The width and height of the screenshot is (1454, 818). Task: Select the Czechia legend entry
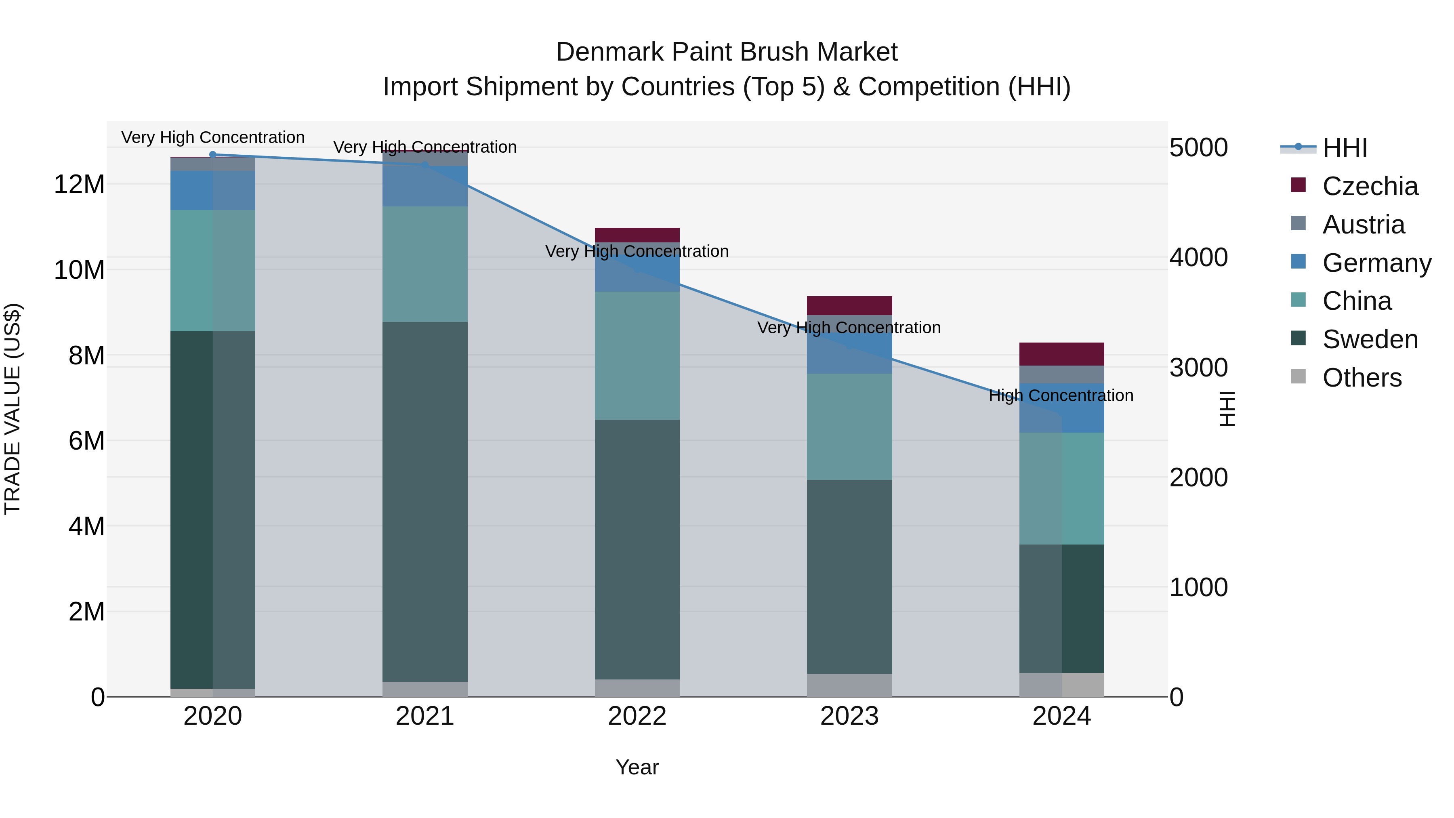coord(1369,186)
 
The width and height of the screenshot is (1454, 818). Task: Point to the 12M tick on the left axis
coord(79,185)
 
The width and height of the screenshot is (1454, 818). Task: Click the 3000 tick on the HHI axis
coord(1198,368)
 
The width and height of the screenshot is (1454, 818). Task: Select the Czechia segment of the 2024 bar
coord(1061,354)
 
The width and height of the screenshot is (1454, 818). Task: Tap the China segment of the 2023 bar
coord(849,427)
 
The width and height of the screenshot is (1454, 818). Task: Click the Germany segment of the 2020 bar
coord(213,190)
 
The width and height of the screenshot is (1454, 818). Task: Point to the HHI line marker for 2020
coord(213,154)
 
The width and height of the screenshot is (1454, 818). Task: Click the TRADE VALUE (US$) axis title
coord(13,409)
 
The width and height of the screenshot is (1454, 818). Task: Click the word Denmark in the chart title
coord(609,52)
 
